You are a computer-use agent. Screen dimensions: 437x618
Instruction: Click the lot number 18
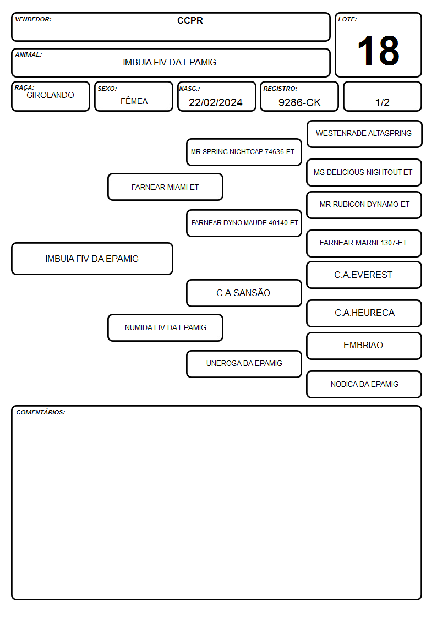coord(378,51)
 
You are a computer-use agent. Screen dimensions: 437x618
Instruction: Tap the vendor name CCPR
coord(190,20)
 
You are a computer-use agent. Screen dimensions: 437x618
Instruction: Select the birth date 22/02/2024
coord(216,102)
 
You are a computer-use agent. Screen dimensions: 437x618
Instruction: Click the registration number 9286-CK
coord(299,102)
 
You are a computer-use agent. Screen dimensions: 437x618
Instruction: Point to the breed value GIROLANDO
coord(50,95)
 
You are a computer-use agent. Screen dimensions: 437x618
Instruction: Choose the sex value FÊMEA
coord(134,101)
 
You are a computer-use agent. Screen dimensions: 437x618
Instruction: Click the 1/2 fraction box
coord(382,96)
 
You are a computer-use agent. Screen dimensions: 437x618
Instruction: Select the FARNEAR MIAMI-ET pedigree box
coord(165,187)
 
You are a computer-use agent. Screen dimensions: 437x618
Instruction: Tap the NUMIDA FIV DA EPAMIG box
coord(165,327)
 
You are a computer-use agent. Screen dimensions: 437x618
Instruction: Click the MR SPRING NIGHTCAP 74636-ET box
coord(244,152)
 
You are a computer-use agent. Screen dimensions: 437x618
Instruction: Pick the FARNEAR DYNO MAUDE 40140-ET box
coord(244,223)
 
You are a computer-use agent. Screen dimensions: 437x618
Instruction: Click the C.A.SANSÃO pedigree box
coord(244,293)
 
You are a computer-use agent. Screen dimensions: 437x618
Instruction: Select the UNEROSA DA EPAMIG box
coord(244,364)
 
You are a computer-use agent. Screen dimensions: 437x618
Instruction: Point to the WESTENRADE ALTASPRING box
coord(364,134)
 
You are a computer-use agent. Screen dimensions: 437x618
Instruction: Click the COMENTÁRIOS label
coord(41,412)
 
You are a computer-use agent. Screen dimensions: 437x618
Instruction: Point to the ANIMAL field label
coord(29,55)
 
